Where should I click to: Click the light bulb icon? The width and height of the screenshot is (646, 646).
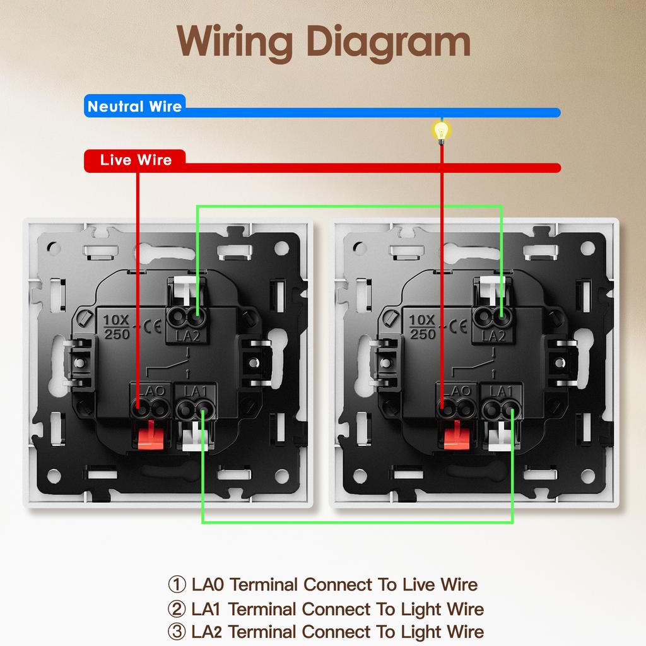pos(442,131)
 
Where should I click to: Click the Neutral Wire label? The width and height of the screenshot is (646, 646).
pos(134,106)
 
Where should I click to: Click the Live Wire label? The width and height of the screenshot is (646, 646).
pos(136,160)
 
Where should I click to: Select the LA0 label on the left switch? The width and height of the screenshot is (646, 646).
pos(150,391)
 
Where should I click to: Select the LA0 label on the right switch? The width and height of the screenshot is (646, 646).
pos(456,391)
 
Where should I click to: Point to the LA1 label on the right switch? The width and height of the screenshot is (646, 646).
pos(502,391)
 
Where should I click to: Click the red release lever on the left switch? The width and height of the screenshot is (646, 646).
pos(150,435)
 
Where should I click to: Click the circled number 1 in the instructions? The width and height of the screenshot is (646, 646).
pos(177,584)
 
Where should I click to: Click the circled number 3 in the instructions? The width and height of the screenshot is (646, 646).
pos(177,631)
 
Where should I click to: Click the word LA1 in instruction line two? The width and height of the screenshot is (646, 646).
pos(208,609)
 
